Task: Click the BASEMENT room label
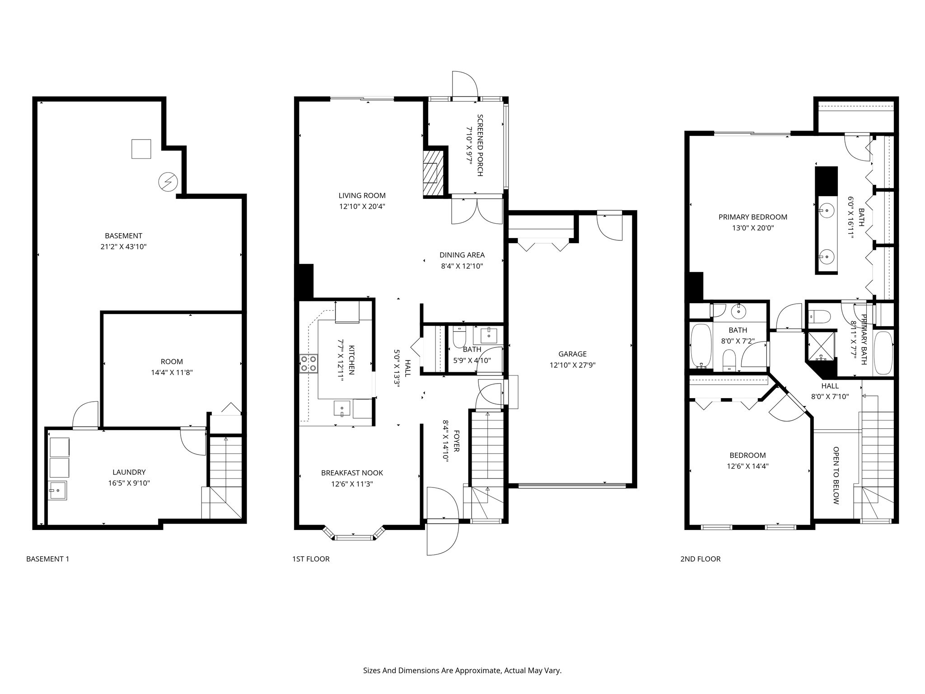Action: click(x=123, y=235)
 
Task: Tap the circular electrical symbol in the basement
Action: click(x=168, y=183)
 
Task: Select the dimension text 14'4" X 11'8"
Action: click(x=172, y=373)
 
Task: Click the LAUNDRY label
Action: click(x=129, y=472)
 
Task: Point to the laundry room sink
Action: click(x=58, y=490)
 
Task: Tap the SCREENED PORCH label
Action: click(x=480, y=145)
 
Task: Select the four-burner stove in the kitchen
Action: click(x=308, y=363)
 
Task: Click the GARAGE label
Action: click(x=572, y=354)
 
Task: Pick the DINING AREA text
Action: click(x=462, y=255)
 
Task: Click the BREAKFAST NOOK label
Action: click(x=352, y=473)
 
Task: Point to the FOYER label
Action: click(x=456, y=441)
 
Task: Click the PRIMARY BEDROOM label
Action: click(x=752, y=217)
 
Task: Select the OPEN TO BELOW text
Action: click(x=836, y=475)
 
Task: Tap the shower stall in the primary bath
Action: click(x=822, y=347)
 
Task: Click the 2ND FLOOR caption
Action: click(x=700, y=559)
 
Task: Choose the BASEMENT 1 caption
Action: click(x=47, y=559)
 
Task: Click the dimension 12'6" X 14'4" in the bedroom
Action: click(x=747, y=466)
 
